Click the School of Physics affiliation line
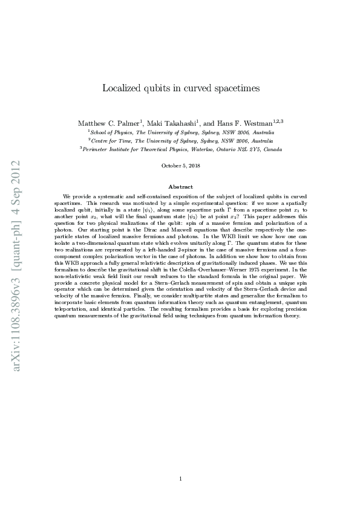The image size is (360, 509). (182, 132)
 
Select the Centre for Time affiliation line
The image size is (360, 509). (182, 140)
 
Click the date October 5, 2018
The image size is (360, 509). (180, 166)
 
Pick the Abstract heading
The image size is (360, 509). (180, 187)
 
